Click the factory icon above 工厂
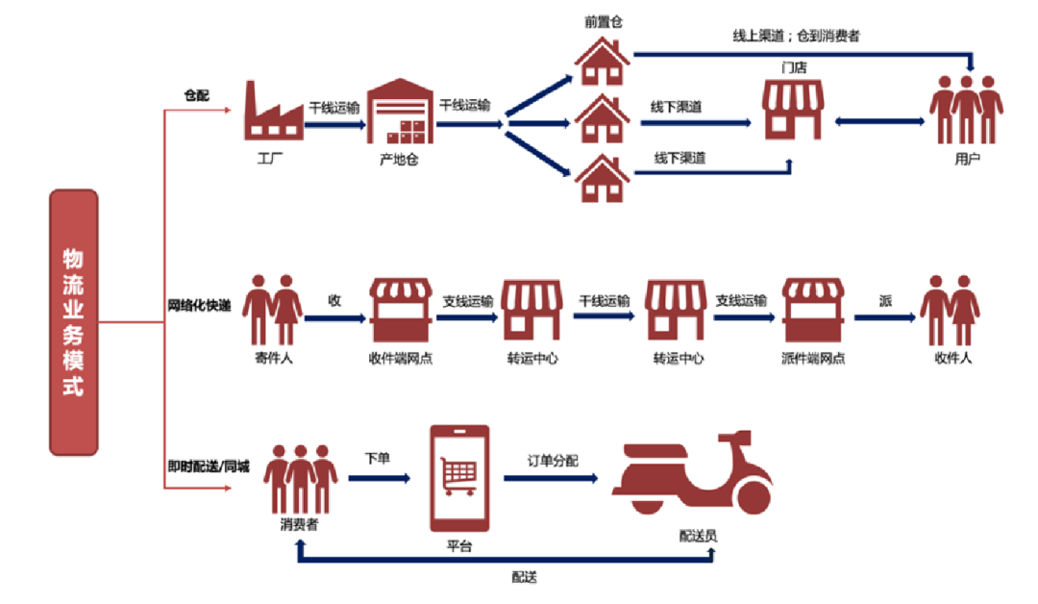pos(269,110)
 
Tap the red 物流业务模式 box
pos(74,322)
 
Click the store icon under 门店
pos(794,110)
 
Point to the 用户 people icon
pos(965,110)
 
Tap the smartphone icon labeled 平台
pos(458,477)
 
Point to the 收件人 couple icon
pos(950,310)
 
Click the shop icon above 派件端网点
pos(812,310)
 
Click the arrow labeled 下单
pos(377,477)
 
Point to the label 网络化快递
pos(199,307)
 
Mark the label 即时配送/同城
pos(209,466)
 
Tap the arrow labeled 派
pos(884,316)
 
